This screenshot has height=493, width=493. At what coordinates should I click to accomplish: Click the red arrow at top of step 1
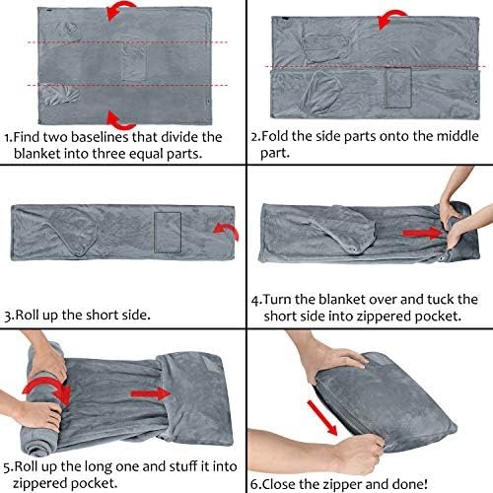(119, 9)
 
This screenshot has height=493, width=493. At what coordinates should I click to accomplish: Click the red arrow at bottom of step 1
(119, 122)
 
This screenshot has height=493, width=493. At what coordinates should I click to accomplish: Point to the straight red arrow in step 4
(422, 233)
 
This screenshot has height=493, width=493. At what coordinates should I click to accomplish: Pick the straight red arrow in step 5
(151, 393)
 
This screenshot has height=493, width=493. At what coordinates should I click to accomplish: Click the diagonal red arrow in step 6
(322, 418)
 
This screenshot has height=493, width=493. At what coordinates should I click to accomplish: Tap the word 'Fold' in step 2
(275, 136)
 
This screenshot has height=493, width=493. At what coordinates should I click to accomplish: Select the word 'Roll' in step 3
(28, 315)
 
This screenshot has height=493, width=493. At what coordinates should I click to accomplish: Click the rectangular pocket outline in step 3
(168, 233)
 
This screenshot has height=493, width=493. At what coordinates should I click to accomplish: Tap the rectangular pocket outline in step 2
(398, 88)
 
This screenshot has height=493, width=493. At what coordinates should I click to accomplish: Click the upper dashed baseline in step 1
(127, 42)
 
